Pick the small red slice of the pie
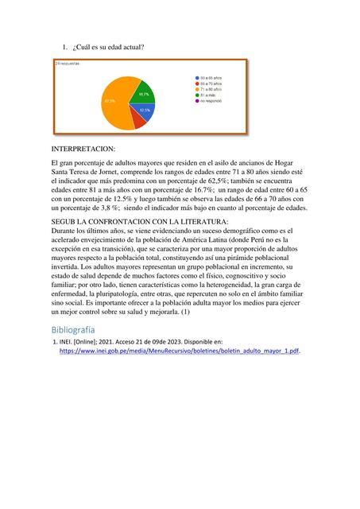[x=137, y=121]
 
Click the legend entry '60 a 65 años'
[x=211, y=77]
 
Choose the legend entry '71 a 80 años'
[x=211, y=90]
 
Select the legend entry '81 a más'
[x=209, y=95]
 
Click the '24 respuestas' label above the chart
[x=67, y=63]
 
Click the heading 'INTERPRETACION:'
[x=83, y=149]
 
